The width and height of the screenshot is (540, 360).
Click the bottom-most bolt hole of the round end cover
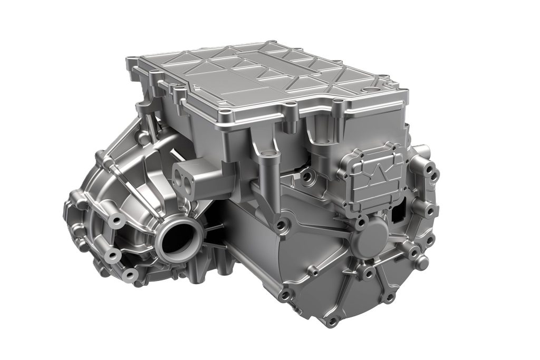click(332, 320)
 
